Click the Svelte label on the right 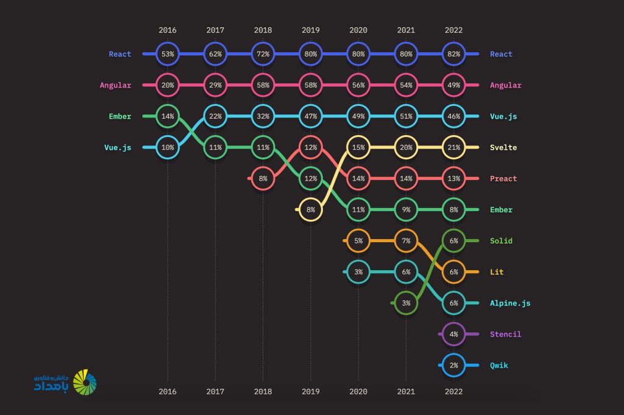pyautogui.click(x=503, y=147)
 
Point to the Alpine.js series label pyautogui.click(x=510, y=303)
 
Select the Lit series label pyautogui.click(x=497, y=272)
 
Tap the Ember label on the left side pyautogui.click(x=120, y=116)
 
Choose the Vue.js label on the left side pyautogui.click(x=118, y=147)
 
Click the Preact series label pyautogui.click(x=503, y=178)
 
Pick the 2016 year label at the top pyautogui.click(x=168, y=30)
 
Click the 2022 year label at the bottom pyautogui.click(x=453, y=391)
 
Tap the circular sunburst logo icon pyautogui.click(x=85, y=382)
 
